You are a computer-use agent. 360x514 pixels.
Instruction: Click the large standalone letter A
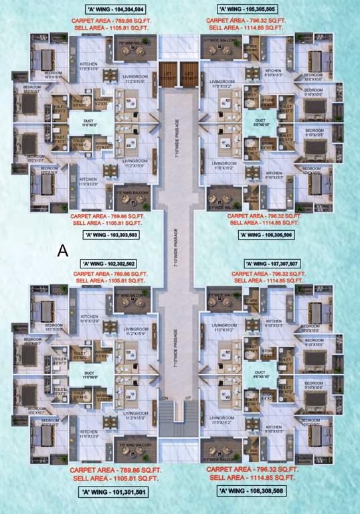point(63,250)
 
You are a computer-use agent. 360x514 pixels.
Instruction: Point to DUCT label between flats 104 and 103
point(89,123)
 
